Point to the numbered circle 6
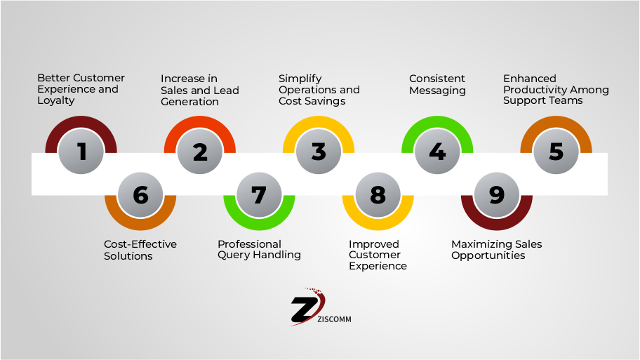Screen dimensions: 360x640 (x=140, y=194)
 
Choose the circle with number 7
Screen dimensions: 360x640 (x=259, y=194)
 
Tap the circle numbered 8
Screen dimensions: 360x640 (x=378, y=194)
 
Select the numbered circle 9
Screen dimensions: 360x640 (x=496, y=194)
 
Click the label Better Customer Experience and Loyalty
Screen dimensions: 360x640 (x=81, y=89)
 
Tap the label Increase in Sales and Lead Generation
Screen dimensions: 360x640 (x=200, y=90)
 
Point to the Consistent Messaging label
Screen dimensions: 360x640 (x=437, y=84)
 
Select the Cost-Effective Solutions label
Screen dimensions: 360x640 (x=140, y=250)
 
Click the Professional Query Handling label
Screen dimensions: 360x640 (x=259, y=250)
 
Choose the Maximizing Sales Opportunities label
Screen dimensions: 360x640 (x=496, y=250)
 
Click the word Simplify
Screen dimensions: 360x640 (x=300, y=79)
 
